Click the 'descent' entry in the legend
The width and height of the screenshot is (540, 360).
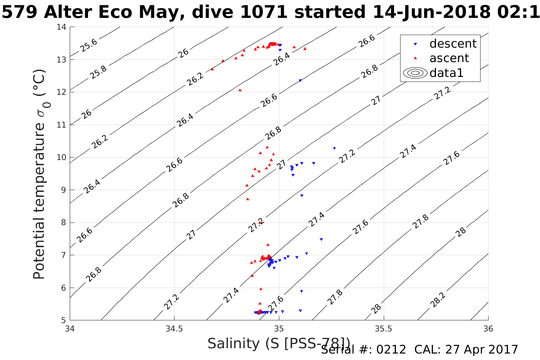pos(453,44)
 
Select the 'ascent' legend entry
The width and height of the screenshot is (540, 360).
pos(449,58)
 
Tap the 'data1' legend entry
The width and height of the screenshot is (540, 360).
pos(446,73)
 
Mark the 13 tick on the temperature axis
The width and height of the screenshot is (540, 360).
pos(62,60)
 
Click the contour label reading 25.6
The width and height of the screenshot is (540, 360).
pos(89,45)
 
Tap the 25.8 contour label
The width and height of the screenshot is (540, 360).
pos(99,72)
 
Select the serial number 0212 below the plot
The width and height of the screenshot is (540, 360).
pos(391,350)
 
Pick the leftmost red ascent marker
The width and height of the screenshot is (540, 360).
pos(212,69)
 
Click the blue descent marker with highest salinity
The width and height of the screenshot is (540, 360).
pos(334,149)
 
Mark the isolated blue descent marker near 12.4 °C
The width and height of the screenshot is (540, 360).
pos(300,81)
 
